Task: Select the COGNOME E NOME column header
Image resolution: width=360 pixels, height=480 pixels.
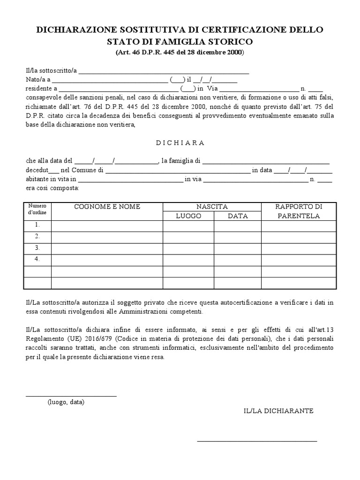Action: point(107,207)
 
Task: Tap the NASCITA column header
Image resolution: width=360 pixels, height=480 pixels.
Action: point(212,207)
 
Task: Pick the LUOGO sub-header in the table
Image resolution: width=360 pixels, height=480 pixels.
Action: point(188,216)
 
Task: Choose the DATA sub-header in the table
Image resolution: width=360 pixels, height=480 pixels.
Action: point(238,216)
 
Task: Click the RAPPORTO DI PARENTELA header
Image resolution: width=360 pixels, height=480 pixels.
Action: point(299,211)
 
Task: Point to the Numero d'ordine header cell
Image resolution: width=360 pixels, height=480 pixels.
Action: point(37,209)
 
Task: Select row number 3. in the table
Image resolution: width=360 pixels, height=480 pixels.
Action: point(37,248)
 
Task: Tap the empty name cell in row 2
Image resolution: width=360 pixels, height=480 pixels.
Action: point(107,237)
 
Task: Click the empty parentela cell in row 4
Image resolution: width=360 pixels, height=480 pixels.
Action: point(299,260)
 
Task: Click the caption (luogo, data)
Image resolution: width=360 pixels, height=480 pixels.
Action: point(66,402)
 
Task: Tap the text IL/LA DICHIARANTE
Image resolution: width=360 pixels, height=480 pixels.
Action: point(278,411)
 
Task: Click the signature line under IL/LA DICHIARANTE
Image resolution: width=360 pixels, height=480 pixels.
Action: point(257,441)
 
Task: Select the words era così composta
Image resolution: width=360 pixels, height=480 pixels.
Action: point(52,188)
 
